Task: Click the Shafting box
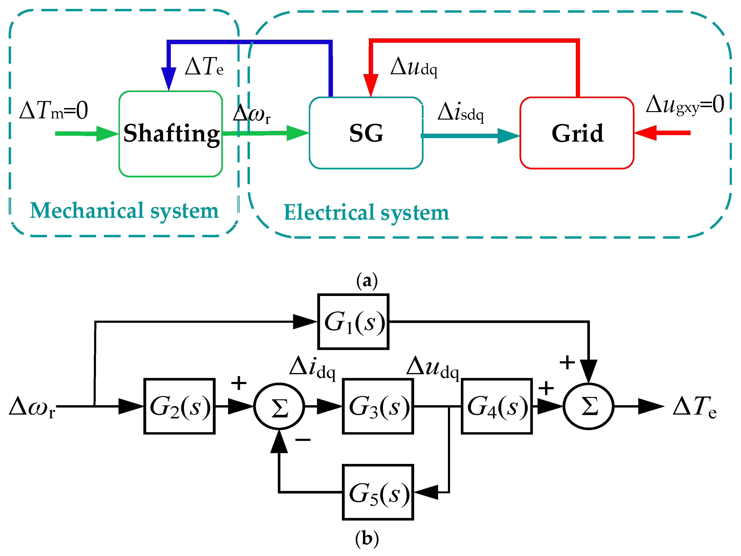171,133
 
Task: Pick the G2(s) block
180,406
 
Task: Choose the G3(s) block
378,406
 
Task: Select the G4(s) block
497,406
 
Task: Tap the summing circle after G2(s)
279,406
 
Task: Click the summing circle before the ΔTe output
588,406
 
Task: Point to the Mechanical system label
124,211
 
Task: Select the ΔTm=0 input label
53,110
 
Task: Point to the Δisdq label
461,112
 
